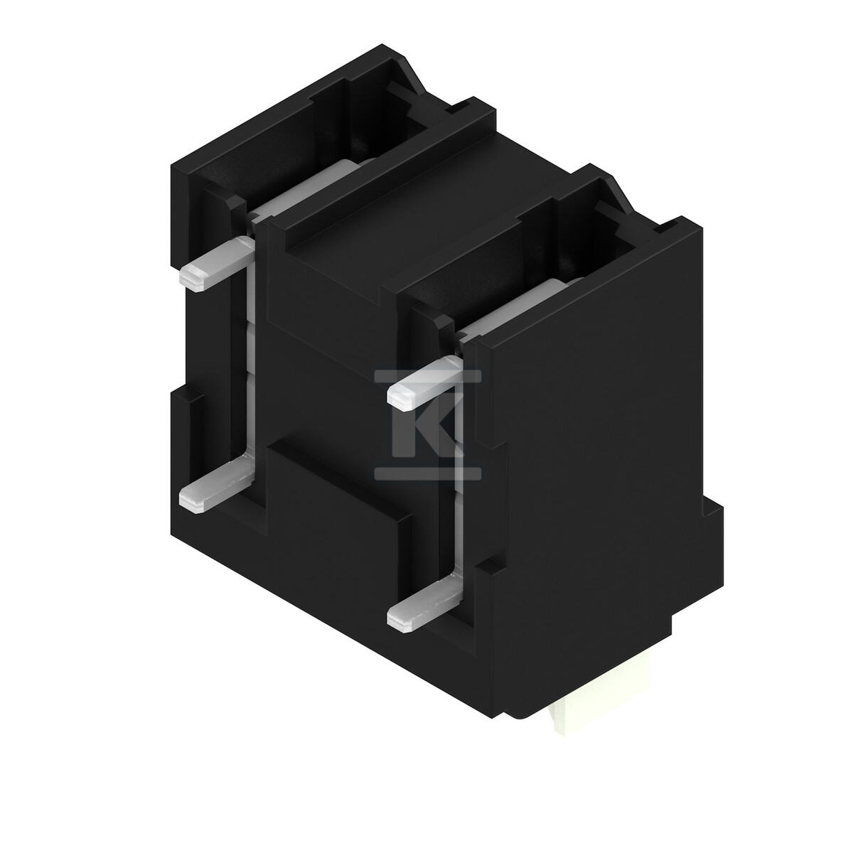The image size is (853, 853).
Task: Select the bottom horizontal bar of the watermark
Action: click(428, 473)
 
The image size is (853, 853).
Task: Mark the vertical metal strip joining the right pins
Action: click(458, 487)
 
